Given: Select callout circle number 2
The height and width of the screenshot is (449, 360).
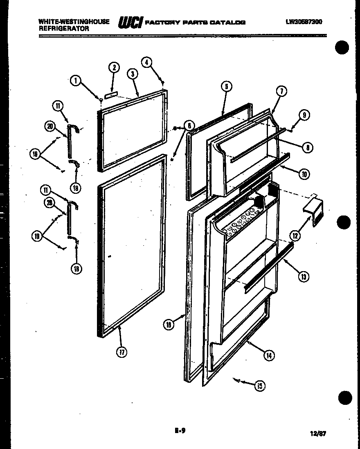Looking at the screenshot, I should click(114, 68).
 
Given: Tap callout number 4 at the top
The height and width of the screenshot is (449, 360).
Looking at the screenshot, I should click(146, 62).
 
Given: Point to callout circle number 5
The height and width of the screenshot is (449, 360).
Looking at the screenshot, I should click(226, 86).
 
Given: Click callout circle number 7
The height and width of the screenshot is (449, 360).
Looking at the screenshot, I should click(281, 92).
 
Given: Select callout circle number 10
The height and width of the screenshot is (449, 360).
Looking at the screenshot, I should click(304, 174).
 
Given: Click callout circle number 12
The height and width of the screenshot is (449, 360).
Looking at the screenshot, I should click(295, 235).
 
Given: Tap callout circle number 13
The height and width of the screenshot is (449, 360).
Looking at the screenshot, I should click(304, 277).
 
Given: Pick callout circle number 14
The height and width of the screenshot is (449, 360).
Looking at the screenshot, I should click(268, 355).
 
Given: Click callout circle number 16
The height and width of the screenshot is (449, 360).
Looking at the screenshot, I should click(169, 325).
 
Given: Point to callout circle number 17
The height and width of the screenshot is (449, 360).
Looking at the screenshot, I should click(121, 352).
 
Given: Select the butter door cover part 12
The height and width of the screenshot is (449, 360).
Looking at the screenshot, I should click(314, 212).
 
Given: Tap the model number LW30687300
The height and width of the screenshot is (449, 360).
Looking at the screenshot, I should click(304, 22).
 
